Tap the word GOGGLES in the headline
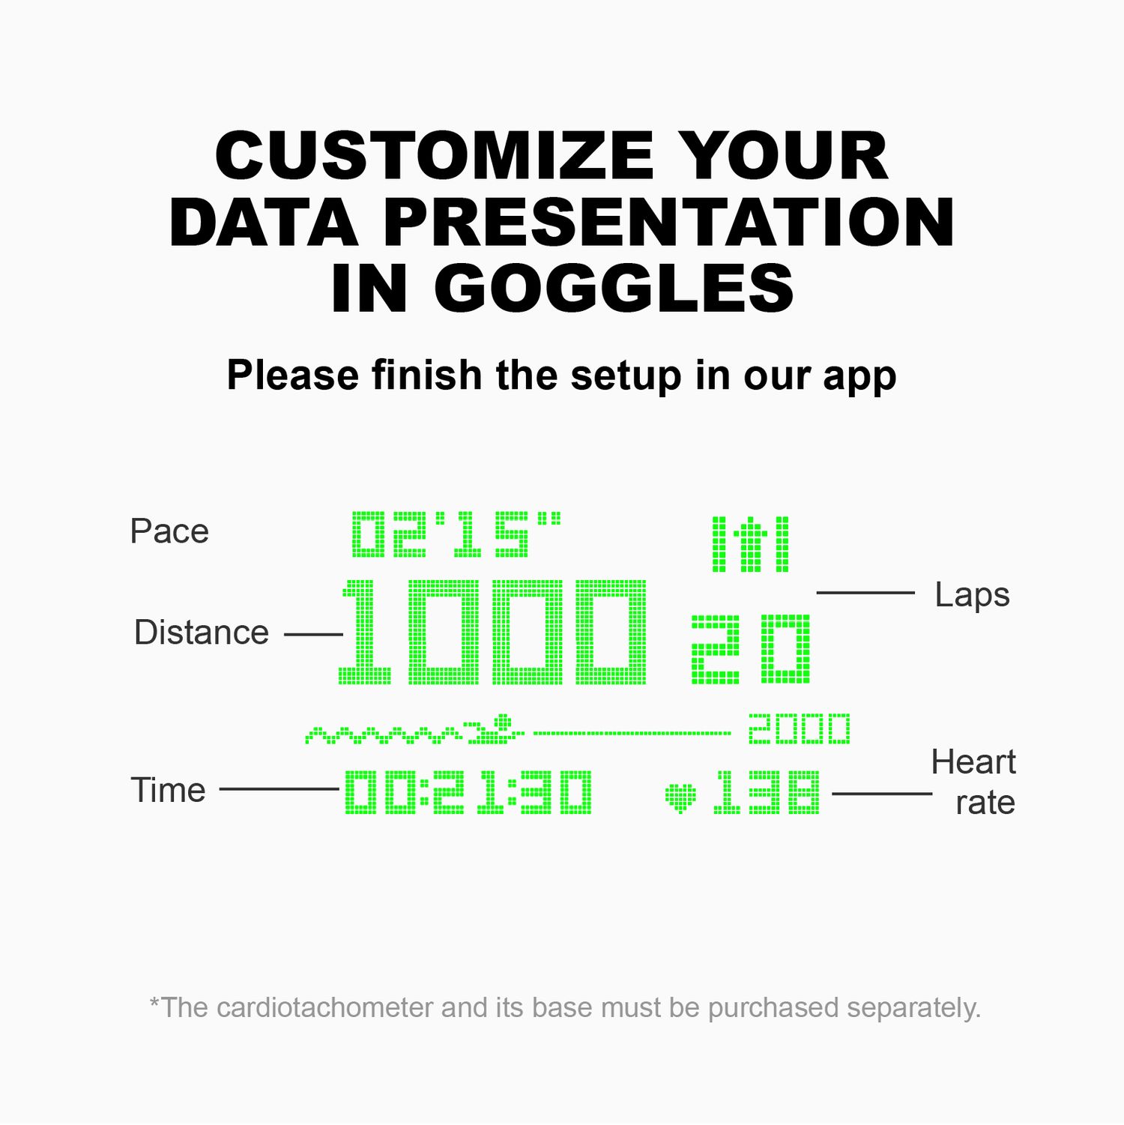(614, 288)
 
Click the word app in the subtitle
(859, 377)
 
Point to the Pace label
(169, 531)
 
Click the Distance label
(202, 633)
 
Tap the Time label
(169, 790)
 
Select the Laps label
(973, 596)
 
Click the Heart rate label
(973, 782)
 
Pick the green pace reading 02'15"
(456, 534)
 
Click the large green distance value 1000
(493, 632)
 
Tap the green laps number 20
(750, 648)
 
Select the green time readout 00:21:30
(468, 792)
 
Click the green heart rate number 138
(767, 792)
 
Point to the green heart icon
(680, 797)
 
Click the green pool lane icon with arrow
(750, 544)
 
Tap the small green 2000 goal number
(800, 729)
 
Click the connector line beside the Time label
(280, 789)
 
